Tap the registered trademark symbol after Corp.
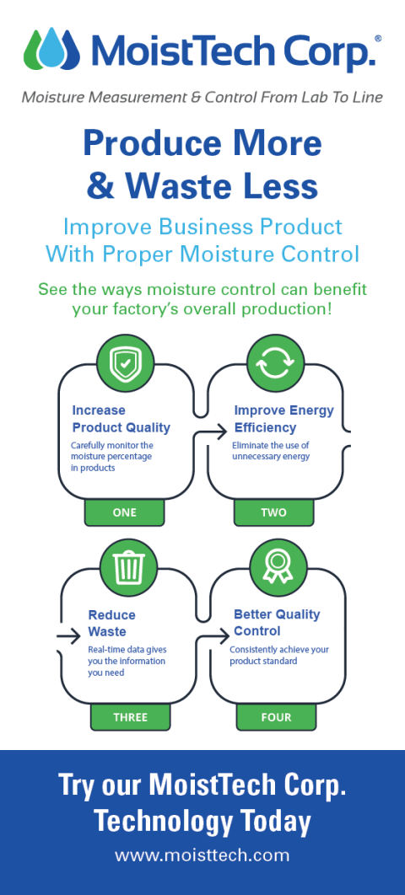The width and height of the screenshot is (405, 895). pos(377,39)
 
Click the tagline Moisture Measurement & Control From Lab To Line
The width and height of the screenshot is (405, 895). pos(202,97)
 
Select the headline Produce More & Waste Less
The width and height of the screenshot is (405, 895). pos(202,164)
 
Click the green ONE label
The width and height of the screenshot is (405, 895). pos(124,512)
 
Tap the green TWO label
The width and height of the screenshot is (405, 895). pos(273,512)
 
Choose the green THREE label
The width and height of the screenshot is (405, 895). pos(130,717)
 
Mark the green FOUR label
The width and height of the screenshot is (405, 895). pos(276,717)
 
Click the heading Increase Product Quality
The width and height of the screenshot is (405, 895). pos(121,419)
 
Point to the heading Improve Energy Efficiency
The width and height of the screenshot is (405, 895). pos(283,419)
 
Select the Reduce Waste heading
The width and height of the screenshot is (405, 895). pos(111,623)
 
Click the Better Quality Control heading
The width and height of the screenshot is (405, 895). pos(277,622)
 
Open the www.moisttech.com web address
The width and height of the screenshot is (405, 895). pos(202,855)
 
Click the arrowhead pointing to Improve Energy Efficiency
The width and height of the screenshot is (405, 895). pos(200,437)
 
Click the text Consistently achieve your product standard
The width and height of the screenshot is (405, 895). pos(279,655)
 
